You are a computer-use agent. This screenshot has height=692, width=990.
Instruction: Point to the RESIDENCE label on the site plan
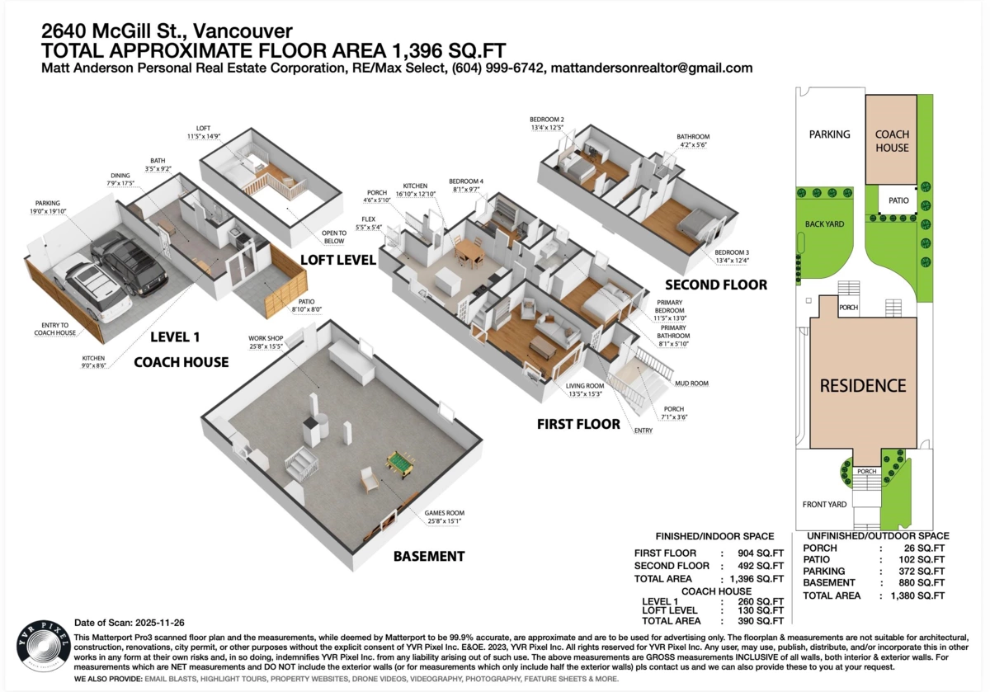862,385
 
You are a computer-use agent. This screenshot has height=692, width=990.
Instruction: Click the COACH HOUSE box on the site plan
892,140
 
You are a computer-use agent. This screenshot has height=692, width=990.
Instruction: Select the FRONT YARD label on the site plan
826,504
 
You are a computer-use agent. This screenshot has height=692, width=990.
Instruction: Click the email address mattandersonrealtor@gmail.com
651,68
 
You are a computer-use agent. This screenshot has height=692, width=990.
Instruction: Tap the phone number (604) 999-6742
497,68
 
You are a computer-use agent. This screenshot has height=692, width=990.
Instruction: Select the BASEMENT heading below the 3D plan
428,556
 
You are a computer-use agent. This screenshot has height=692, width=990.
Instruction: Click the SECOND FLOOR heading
716,285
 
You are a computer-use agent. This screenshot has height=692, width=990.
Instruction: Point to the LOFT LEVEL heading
337,260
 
